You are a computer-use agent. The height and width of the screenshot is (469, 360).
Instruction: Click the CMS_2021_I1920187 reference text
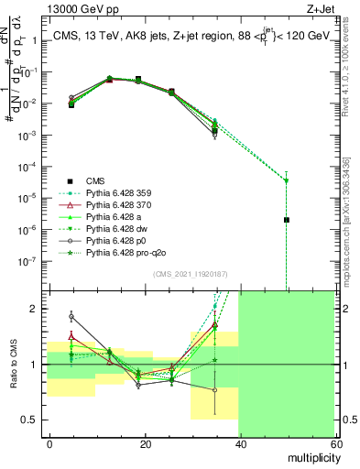click(189, 273)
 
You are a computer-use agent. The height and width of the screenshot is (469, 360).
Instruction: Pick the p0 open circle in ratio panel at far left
click(71, 316)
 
